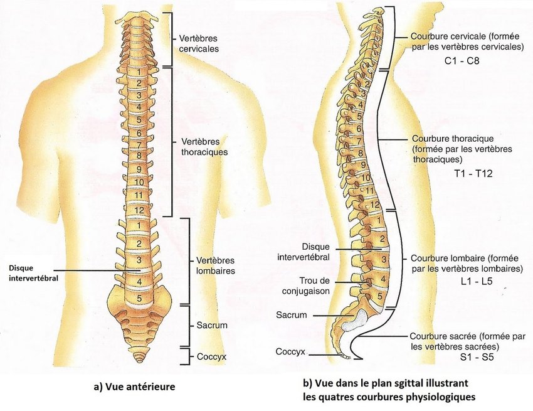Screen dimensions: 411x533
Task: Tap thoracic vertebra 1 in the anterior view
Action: [138, 70]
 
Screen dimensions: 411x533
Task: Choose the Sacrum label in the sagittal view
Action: [292, 314]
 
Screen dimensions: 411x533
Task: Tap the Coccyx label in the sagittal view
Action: [290, 351]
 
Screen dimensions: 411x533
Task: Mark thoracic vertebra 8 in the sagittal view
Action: [361, 153]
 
